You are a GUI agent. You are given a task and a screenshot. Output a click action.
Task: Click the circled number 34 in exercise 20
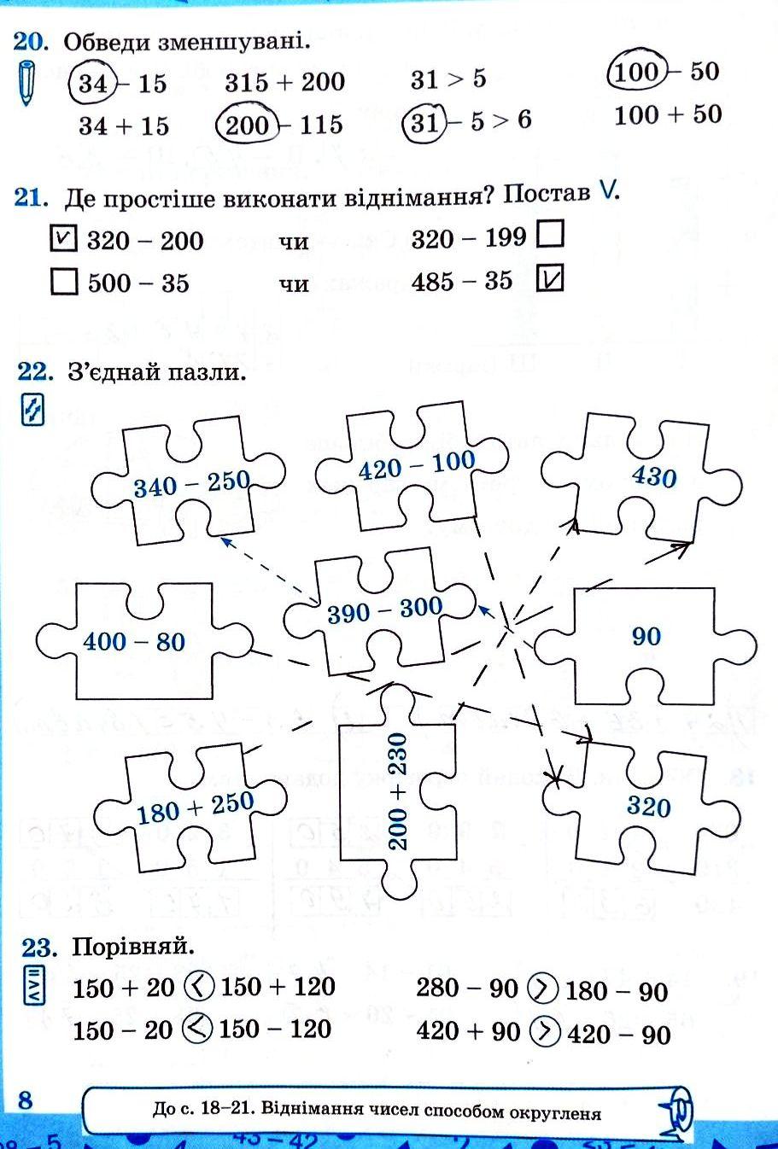click(x=91, y=83)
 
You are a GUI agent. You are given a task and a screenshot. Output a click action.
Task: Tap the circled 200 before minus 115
click(x=248, y=125)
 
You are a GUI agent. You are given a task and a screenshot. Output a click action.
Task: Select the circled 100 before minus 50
click(x=635, y=72)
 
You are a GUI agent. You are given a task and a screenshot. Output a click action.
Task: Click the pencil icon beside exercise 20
click(x=27, y=82)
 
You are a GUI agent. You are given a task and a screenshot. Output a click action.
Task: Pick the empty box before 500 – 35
click(x=64, y=282)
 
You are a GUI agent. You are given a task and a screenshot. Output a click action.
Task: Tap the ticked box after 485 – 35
click(x=551, y=279)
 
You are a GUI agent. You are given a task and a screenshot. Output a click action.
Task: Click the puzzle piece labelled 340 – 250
click(x=190, y=483)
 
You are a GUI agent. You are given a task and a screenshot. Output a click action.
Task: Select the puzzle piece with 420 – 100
click(x=416, y=465)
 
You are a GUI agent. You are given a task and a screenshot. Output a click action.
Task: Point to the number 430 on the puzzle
click(x=653, y=475)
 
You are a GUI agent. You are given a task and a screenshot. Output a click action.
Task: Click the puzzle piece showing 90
click(x=646, y=636)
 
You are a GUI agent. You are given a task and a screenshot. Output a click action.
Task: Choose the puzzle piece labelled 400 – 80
click(x=134, y=641)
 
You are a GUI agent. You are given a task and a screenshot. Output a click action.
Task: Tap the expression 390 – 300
click(x=384, y=610)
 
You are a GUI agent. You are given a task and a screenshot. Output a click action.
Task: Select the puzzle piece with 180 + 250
click(x=196, y=807)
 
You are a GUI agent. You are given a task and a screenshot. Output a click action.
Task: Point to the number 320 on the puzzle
click(x=648, y=807)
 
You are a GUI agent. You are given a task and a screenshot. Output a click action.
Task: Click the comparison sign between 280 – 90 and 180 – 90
click(x=541, y=989)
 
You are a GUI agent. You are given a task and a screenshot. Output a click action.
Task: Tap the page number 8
click(x=25, y=1099)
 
